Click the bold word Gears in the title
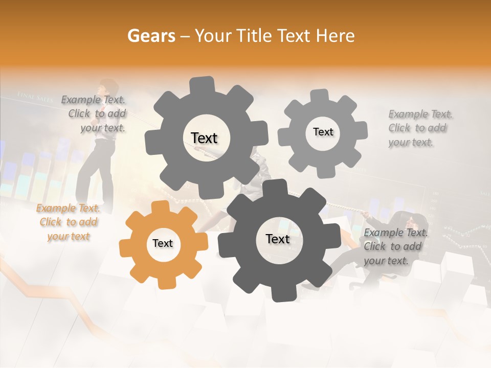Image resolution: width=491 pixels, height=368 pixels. point(151,36)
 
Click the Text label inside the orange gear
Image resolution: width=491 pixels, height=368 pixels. point(163,244)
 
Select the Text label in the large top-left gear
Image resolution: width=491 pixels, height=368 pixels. point(204,138)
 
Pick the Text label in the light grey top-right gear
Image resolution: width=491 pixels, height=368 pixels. point(323,132)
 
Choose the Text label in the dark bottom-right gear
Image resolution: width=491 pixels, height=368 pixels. point(278,239)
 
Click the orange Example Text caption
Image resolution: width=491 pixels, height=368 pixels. point(69,222)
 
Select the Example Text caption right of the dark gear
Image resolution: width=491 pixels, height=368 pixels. point(395,247)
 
